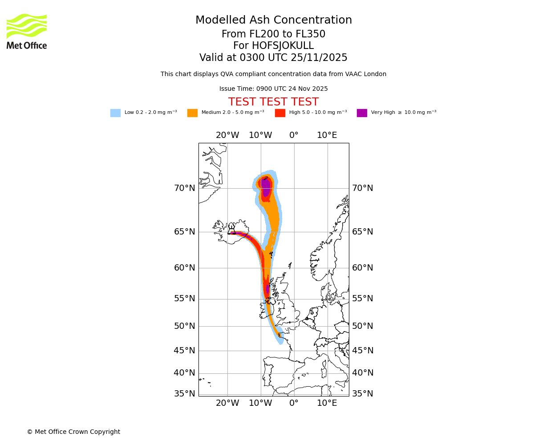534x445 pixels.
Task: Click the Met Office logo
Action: [x=27, y=31]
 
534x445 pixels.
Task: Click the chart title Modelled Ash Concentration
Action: [x=273, y=20]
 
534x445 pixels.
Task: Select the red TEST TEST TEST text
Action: [x=273, y=102]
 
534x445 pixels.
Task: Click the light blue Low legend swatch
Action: [x=115, y=113]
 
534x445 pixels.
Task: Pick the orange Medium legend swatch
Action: [x=192, y=113]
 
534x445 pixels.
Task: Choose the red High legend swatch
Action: [x=280, y=113]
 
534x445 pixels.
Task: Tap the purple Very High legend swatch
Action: [x=362, y=113]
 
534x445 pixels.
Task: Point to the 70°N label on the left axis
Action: [x=184, y=188]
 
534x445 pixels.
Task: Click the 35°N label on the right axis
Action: [x=362, y=394]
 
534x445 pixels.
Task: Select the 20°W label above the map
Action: [x=227, y=135]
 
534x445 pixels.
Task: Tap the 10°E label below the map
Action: [x=327, y=403]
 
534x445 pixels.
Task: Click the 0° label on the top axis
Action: [x=294, y=135]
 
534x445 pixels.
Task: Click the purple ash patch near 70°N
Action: [x=266, y=186]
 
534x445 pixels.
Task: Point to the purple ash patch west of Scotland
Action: [x=267, y=289]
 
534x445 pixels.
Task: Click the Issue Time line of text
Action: [x=273, y=89]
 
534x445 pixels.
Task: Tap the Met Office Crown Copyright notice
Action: [x=73, y=432]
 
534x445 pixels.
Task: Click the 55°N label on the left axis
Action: [x=184, y=299]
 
